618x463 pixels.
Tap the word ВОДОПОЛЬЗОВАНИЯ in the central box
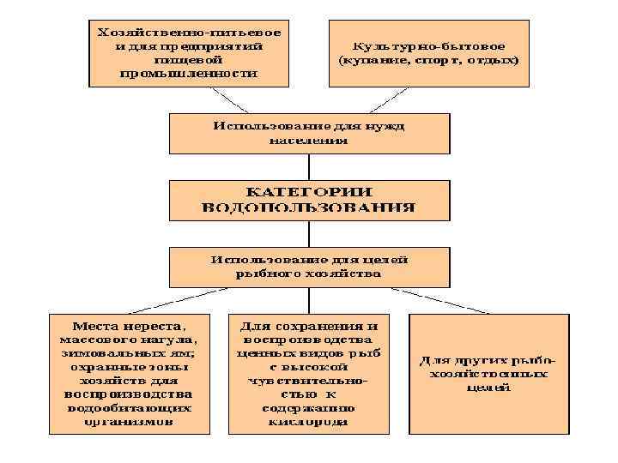point(308,207)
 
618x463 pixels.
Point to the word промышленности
point(190,74)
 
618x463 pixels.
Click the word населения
point(308,140)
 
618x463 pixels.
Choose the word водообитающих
point(128,408)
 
